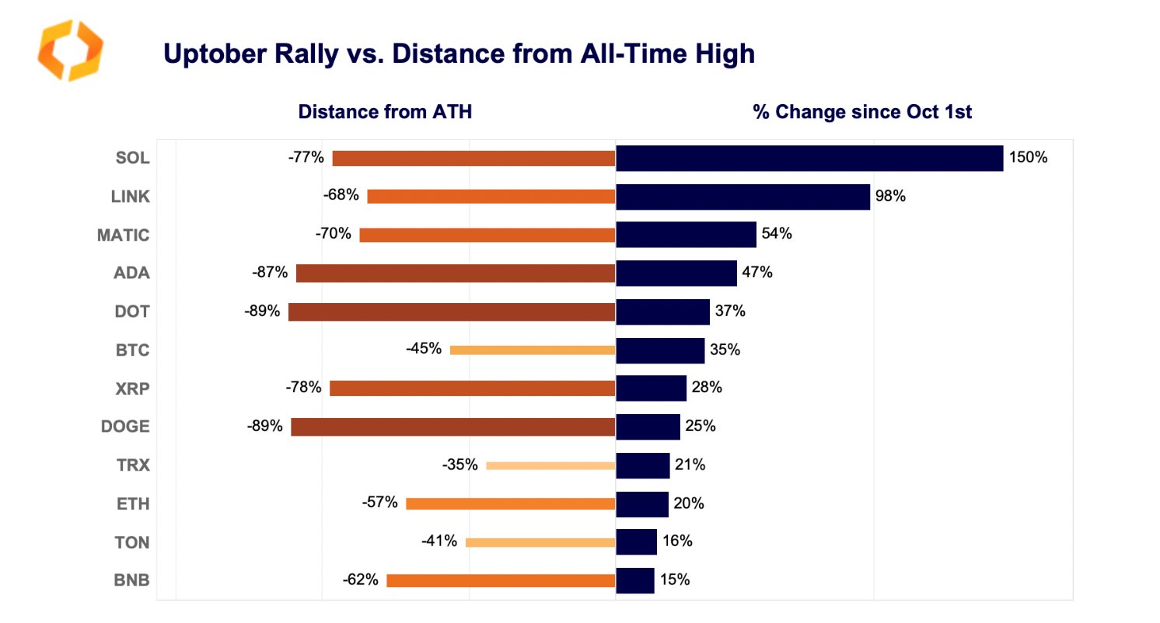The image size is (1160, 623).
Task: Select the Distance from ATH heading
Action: [x=385, y=112]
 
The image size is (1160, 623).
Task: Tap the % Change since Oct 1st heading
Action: [x=862, y=112]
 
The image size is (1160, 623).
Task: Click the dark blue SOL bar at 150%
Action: [x=809, y=158]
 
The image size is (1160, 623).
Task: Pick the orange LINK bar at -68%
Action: [x=491, y=197]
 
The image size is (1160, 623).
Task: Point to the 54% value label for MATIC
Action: [x=777, y=234]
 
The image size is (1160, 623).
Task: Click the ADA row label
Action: [x=131, y=273]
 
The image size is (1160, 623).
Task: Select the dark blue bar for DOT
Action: [x=662, y=311]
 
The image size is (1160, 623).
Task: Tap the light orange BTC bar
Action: [x=532, y=350]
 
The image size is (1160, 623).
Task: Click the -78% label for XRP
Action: [x=304, y=388]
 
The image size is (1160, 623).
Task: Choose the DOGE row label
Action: [x=125, y=426]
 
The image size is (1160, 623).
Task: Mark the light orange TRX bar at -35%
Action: [x=550, y=465]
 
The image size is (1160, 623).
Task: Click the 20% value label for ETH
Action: [x=689, y=503]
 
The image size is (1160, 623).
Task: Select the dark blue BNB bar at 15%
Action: [x=634, y=580]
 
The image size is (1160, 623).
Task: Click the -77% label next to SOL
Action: [x=306, y=158]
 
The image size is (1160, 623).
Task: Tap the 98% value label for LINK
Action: [x=890, y=197]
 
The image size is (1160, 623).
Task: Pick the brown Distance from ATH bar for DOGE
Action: [x=452, y=426]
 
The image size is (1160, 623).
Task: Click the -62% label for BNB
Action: [x=360, y=579]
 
